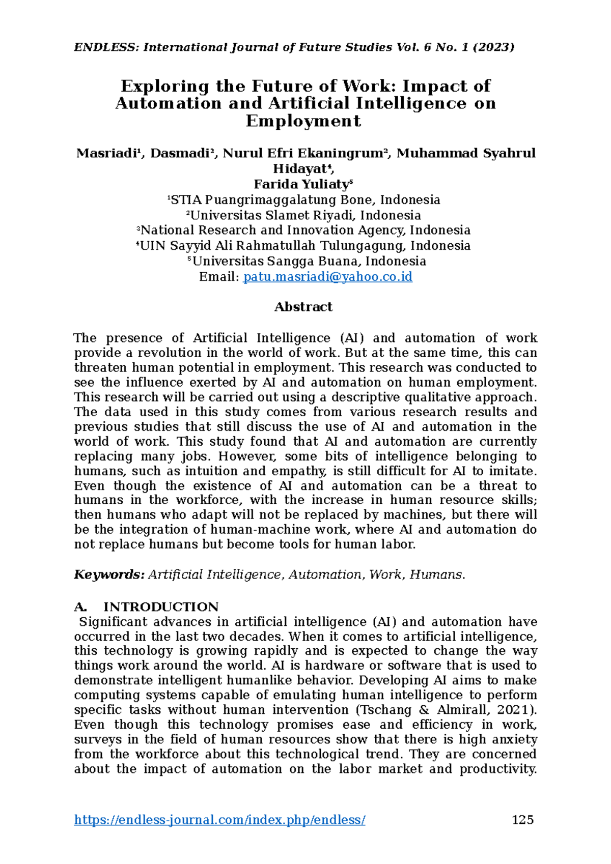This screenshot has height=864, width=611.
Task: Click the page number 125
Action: [522, 820]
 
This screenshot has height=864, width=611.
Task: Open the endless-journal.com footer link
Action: [219, 820]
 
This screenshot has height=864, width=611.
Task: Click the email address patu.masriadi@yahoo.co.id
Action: [327, 277]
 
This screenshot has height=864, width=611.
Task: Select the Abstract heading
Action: [303, 307]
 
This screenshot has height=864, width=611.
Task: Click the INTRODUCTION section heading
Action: [161, 607]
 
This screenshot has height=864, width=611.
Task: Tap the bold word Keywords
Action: [109, 575]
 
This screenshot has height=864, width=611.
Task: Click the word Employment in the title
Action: [303, 121]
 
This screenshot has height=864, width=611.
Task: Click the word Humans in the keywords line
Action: [436, 575]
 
